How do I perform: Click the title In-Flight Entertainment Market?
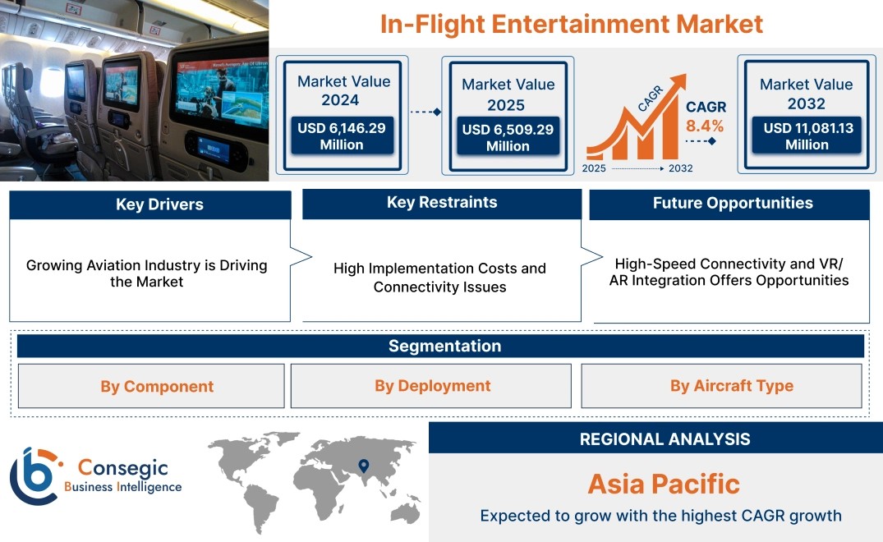[x=571, y=24]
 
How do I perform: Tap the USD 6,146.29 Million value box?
[x=342, y=135]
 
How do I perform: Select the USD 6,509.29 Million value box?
[x=508, y=137]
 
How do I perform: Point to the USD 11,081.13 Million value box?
[x=807, y=135]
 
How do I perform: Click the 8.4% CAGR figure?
[x=705, y=126]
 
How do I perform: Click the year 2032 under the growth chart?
[x=680, y=168]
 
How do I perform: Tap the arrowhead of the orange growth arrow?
[x=678, y=82]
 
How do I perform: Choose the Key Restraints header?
[x=442, y=203]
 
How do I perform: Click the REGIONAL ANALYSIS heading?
[x=665, y=439]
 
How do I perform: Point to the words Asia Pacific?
[x=664, y=484]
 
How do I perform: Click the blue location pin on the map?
[x=364, y=466]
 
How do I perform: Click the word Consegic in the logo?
[x=122, y=468]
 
